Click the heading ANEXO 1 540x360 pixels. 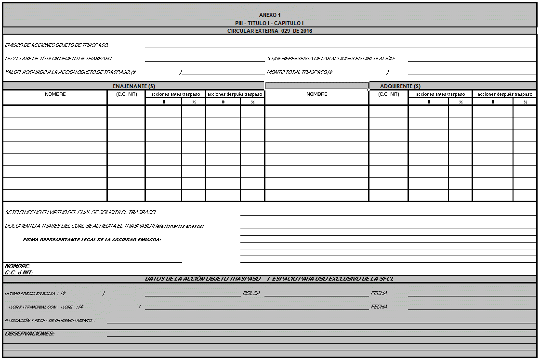269,15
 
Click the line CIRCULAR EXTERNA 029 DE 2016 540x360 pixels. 269,31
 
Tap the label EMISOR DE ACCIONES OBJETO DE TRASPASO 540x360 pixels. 57,45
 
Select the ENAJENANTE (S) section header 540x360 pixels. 134,86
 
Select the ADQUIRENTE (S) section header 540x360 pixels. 400,86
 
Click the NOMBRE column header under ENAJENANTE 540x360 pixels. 55,94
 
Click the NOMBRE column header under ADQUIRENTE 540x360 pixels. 316,94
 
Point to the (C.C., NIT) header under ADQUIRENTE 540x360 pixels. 389,94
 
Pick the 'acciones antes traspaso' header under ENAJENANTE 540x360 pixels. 175,94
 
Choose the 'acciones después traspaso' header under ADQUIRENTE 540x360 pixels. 505,94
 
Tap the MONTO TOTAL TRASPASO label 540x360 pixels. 300,72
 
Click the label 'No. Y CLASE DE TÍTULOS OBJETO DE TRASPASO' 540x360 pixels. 58,59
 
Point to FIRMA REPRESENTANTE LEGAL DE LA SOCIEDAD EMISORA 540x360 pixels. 92,240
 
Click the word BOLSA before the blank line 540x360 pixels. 251,293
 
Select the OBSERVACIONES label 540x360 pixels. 29,334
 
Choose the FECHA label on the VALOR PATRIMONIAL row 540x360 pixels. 380,307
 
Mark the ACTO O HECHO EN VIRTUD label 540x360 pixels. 80,212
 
